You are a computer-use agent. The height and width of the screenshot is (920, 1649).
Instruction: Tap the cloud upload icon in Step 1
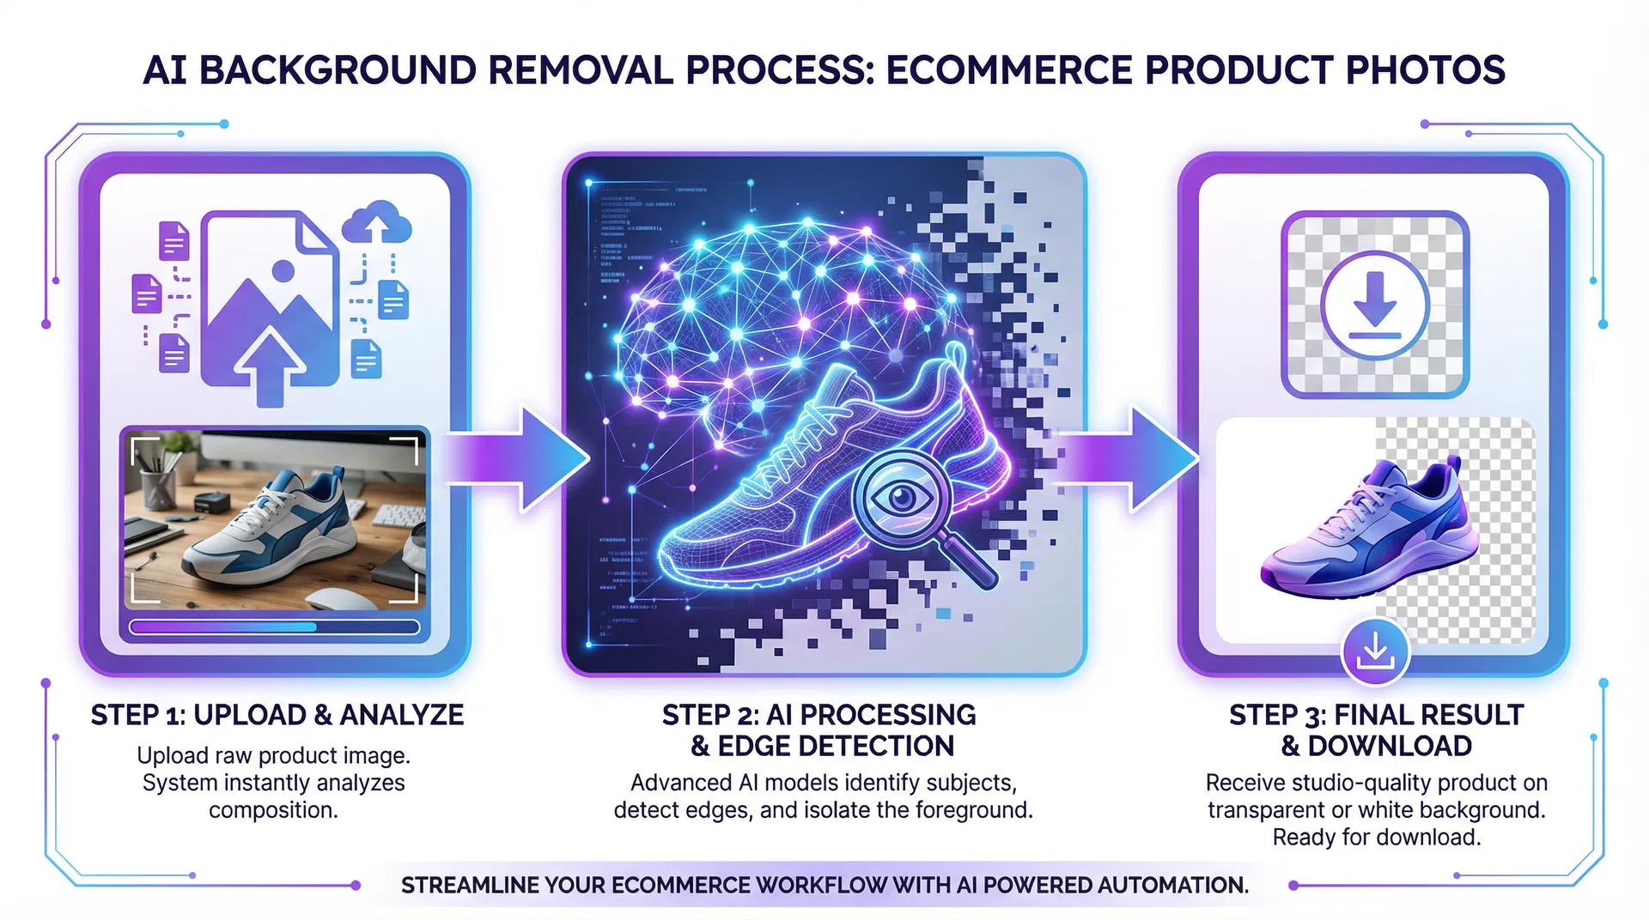point(376,222)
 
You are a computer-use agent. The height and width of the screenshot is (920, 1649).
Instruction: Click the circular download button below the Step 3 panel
point(1374,651)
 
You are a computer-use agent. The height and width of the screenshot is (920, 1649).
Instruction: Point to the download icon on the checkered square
point(1374,305)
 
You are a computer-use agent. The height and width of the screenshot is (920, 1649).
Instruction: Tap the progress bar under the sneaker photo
point(274,627)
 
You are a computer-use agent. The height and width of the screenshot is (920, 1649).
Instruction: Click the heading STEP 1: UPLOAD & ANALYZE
point(277,715)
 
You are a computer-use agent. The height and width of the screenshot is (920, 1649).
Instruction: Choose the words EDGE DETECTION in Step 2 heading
point(836,747)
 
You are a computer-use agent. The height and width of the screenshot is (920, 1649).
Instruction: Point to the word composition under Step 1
point(273,810)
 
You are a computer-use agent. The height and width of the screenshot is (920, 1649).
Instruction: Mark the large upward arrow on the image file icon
point(270,365)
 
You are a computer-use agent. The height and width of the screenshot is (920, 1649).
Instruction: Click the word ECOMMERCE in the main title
point(1009,70)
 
